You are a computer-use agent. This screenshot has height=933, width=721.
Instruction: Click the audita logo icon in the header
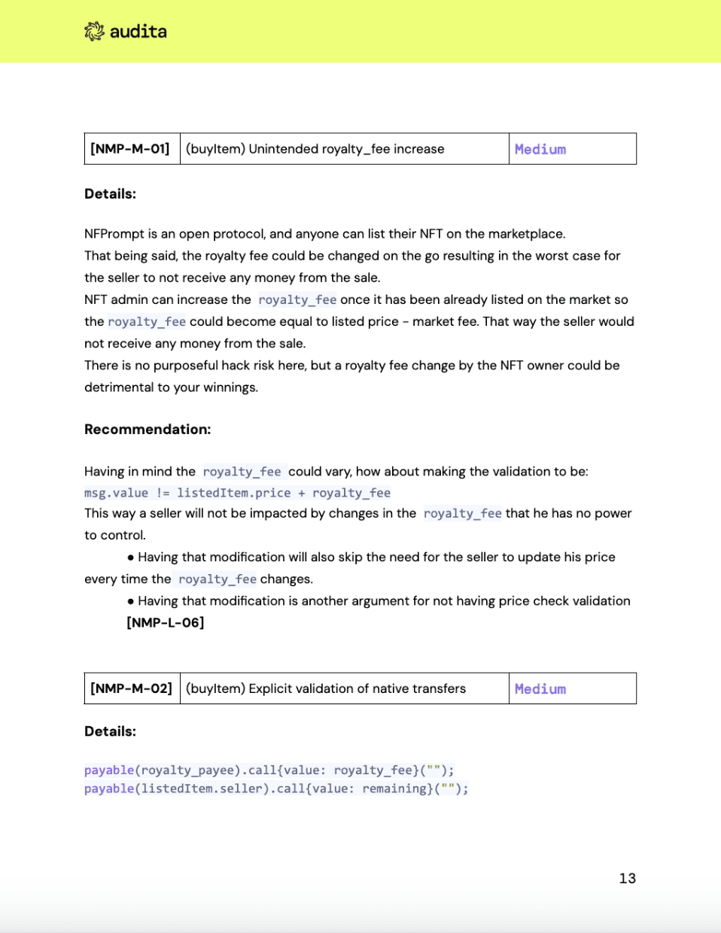(94, 32)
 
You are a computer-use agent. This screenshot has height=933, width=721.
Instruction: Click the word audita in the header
(138, 32)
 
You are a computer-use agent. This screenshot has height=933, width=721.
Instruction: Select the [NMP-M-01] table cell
(130, 149)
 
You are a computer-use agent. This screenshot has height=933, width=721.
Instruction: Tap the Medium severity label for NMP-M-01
(540, 149)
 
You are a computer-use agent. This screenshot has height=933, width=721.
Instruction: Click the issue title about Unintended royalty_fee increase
(315, 149)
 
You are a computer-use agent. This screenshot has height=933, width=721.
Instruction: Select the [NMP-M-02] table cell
(131, 688)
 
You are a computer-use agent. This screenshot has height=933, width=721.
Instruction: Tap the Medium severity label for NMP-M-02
(540, 688)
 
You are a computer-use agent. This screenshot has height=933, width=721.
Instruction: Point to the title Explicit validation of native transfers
(326, 688)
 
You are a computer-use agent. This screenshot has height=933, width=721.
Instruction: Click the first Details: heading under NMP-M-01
(110, 193)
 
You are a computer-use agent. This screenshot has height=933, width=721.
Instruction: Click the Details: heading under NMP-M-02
(110, 731)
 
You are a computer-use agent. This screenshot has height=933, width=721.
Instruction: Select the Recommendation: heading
(148, 430)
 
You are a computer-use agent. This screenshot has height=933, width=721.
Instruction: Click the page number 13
(627, 878)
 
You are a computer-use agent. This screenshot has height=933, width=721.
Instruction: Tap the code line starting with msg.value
(237, 493)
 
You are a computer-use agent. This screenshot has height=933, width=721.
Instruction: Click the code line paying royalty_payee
(269, 770)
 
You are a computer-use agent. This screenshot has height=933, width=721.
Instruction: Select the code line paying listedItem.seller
(276, 789)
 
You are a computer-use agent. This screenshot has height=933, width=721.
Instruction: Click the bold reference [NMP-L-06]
(166, 622)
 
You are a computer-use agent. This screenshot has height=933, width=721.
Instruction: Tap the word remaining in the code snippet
(394, 789)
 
